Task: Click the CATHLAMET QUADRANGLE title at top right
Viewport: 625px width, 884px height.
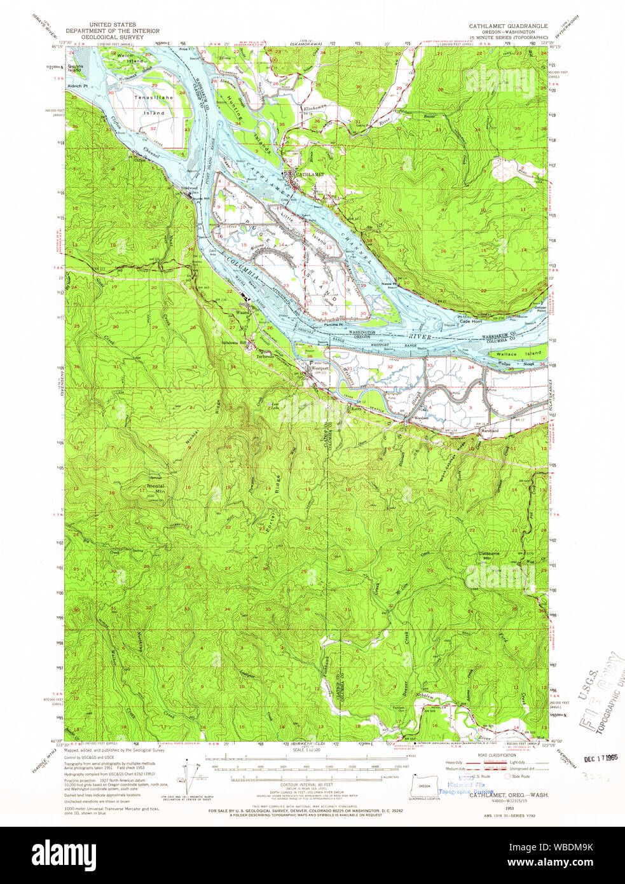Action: click(x=508, y=25)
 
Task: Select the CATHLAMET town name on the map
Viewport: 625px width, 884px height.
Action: click(x=310, y=174)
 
